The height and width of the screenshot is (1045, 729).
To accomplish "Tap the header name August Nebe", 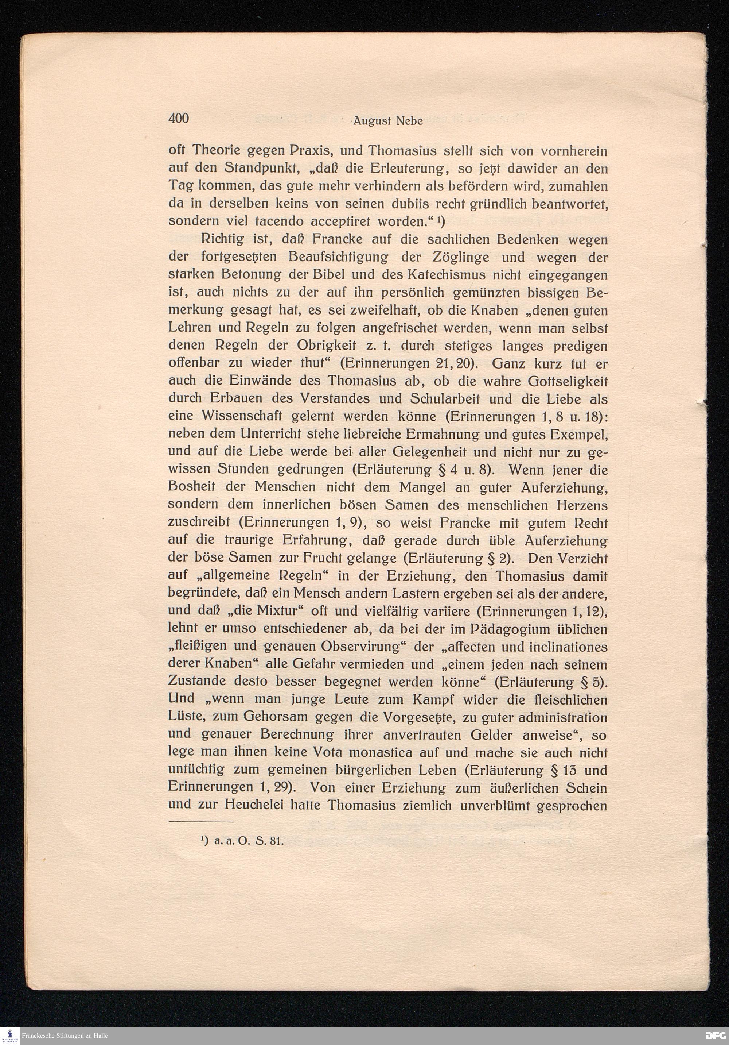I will point(388,121).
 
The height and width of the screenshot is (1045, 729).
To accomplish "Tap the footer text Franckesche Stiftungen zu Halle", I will point(64,1036).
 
